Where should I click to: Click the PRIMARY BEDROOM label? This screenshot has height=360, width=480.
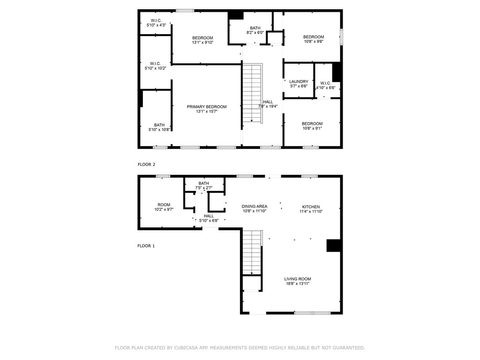(206, 108)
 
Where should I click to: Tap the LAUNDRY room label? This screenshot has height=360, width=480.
(298, 83)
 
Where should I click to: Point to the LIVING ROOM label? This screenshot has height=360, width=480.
(298, 281)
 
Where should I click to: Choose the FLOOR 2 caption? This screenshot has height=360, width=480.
(146, 163)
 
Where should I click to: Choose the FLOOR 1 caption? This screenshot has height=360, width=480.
(146, 245)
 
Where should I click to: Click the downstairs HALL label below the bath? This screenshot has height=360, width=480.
(209, 217)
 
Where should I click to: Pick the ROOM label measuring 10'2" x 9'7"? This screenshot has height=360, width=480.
(164, 207)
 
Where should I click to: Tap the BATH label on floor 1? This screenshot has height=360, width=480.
(204, 185)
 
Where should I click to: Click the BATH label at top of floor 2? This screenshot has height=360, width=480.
(255, 30)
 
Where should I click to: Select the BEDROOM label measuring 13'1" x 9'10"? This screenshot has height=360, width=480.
(203, 40)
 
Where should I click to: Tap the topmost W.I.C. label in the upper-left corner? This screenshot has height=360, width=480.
(157, 22)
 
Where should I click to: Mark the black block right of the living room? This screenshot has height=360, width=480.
(334, 246)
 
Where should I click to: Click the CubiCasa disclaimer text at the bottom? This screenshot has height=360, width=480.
(240, 348)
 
